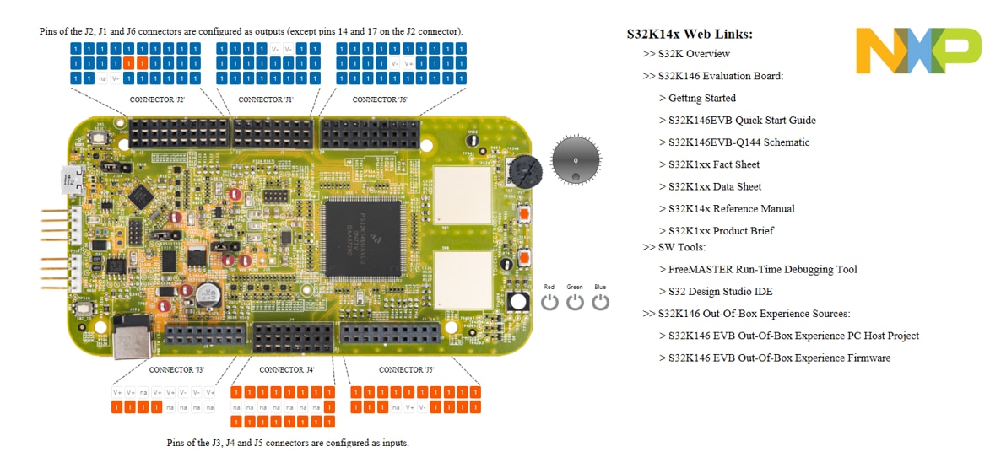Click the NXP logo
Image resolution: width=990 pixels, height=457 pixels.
pyautogui.click(x=918, y=50)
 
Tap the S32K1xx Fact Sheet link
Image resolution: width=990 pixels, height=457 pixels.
pyautogui.click(x=714, y=164)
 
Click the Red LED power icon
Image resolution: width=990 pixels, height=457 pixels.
pyautogui.click(x=549, y=301)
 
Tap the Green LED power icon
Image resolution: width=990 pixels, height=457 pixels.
pyautogui.click(x=575, y=301)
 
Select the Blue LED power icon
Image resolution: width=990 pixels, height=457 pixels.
pyautogui.click(x=600, y=301)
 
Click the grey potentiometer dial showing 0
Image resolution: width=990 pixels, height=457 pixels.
pyautogui.click(x=576, y=159)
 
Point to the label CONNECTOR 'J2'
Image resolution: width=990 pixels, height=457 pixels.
pyautogui.click(x=157, y=99)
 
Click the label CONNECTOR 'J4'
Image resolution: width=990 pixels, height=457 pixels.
pyautogui.click(x=287, y=370)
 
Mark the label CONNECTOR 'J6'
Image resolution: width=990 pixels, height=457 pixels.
pyautogui.click(x=380, y=99)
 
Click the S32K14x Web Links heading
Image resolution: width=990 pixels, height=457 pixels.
pyautogui.click(x=690, y=35)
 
